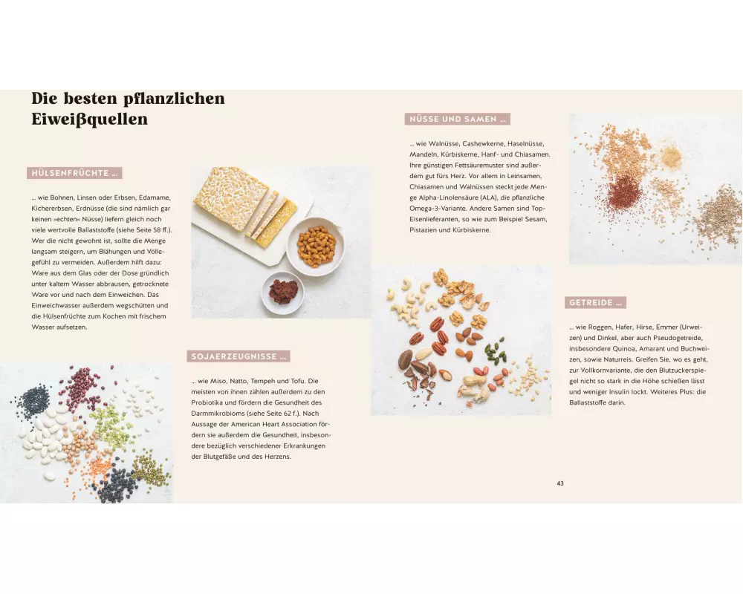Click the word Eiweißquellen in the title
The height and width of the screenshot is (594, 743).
[x=90, y=119]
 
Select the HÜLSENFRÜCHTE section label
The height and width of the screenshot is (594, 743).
[x=74, y=173]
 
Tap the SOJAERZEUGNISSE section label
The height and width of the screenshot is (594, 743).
[x=239, y=356]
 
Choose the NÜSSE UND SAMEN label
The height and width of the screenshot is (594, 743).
[x=457, y=119]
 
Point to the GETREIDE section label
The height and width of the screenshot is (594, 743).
[x=595, y=303]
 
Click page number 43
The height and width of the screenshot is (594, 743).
[x=560, y=483]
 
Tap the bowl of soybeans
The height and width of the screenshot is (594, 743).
[x=316, y=247]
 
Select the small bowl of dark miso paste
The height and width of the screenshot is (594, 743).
[x=283, y=293]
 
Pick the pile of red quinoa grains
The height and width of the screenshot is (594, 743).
[x=625, y=193]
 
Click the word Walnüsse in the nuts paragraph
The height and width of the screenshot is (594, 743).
[x=444, y=143]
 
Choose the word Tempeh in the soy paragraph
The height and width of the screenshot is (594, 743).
[x=262, y=381]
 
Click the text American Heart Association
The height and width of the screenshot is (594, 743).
[x=275, y=424]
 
